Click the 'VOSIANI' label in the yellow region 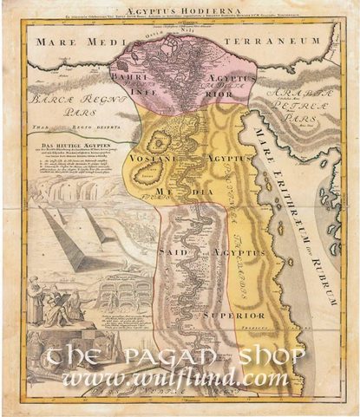point(148,160)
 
